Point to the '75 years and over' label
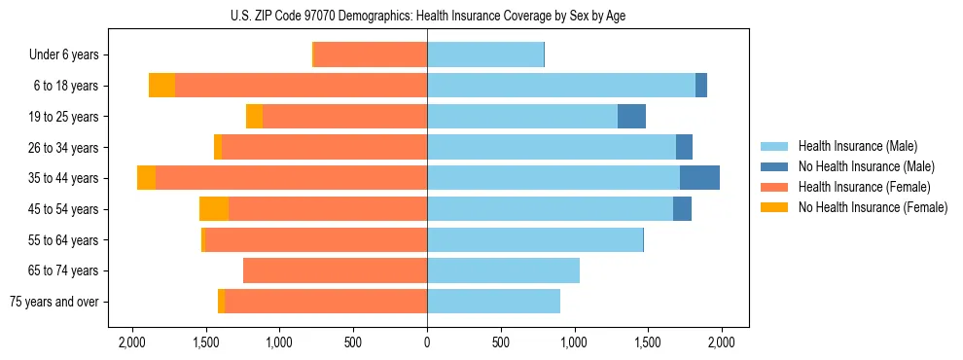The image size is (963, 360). [x=53, y=302]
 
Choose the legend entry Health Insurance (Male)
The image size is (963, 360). [x=857, y=146]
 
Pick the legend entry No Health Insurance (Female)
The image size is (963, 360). [x=873, y=207]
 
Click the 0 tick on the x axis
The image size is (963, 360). [x=427, y=342]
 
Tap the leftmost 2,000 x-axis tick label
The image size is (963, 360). [x=132, y=342]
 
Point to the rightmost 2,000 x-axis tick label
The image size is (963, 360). [x=721, y=342]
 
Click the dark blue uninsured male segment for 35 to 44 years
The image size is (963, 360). [x=699, y=178]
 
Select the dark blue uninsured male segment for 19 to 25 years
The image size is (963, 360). [x=631, y=116]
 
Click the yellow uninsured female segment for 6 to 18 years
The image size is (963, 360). [x=161, y=86]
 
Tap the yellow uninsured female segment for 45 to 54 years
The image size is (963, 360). [x=214, y=208]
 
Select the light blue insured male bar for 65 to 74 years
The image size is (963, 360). [x=503, y=270]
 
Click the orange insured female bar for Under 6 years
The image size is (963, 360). [x=371, y=54]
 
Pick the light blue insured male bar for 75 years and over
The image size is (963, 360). [x=493, y=302]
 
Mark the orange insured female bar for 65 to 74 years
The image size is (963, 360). [x=335, y=270]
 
